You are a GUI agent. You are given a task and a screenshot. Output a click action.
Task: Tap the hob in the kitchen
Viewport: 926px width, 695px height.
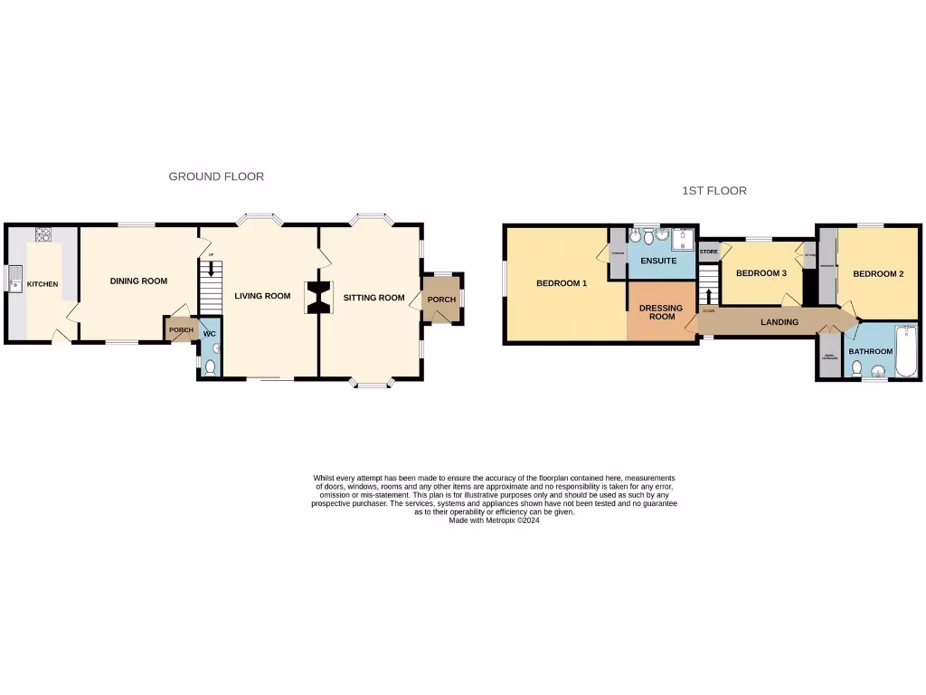click(42, 235)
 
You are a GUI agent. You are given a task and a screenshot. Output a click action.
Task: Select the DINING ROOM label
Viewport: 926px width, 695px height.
click(138, 281)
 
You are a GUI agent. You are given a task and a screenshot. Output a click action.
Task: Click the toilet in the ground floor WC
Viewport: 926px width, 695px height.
click(210, 367)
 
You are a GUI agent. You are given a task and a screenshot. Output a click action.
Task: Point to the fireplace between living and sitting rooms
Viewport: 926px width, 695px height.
click(318, 297)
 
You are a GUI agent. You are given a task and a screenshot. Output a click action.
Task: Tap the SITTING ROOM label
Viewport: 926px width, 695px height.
click(373, 298)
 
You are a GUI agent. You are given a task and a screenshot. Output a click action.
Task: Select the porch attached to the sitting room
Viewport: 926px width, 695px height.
click(441, 300)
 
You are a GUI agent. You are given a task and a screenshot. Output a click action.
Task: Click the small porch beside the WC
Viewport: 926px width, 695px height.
click(181, 330)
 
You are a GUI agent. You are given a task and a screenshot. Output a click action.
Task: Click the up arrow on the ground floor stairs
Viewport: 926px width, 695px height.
click(211, 269)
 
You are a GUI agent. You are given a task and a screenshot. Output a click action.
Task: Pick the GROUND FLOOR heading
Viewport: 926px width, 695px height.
click(216, 176)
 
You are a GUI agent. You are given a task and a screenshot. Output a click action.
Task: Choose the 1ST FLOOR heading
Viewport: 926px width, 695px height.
click(713, 191)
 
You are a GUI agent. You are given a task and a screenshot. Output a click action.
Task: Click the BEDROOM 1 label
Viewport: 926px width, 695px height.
click(562, 283)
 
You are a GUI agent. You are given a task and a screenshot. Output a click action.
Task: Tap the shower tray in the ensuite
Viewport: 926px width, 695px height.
click(683, 239)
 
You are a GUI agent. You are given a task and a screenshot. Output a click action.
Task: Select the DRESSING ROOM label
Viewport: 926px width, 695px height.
click(662, 312)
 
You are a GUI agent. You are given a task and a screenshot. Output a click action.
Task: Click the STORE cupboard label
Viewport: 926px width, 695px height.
click(708, 252)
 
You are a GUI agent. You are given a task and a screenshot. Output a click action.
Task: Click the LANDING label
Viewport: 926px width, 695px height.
click(779, 322)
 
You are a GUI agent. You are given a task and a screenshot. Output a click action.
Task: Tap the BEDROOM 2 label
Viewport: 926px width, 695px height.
click(878, 274)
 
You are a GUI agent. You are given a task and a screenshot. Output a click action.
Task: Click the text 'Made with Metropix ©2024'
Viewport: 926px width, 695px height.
click(494, 520)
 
